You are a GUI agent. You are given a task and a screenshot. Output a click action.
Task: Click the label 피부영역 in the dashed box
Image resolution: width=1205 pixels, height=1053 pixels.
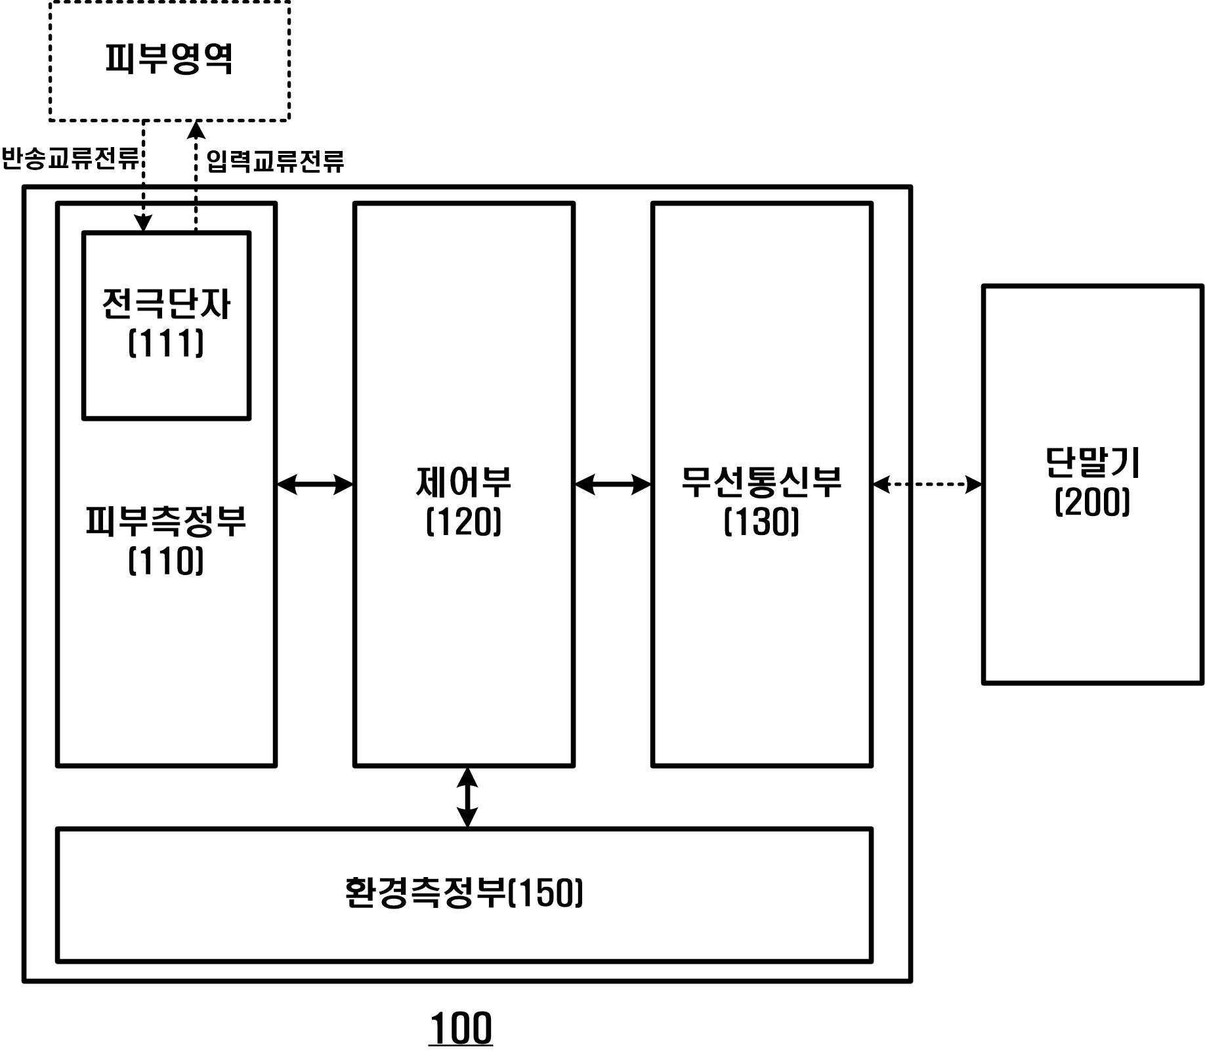169,59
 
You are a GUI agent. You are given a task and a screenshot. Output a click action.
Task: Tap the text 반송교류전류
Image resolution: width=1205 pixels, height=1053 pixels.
70,159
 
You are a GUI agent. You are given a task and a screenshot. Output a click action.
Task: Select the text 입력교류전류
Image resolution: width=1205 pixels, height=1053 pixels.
275,161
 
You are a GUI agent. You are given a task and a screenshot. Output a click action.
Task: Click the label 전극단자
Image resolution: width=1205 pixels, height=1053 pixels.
166,304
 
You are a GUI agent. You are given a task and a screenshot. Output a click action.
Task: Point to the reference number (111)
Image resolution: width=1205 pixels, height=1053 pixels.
166,343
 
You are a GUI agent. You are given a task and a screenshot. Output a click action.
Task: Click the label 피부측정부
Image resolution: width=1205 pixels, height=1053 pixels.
166,521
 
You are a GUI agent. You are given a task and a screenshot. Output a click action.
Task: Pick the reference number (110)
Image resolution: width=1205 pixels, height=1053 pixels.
166,561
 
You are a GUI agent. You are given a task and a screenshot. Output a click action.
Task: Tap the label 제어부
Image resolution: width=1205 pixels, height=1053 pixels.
464,481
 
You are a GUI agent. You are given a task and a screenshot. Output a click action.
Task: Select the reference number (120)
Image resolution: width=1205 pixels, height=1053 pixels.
464,523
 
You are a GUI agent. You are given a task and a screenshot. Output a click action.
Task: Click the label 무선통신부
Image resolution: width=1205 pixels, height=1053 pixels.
761,481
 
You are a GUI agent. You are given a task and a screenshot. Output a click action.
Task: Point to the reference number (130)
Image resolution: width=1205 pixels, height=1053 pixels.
761,523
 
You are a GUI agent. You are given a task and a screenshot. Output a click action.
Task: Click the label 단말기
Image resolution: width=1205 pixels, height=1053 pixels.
1092,462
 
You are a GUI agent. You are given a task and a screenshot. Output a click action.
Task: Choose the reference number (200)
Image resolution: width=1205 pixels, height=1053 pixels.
1092,503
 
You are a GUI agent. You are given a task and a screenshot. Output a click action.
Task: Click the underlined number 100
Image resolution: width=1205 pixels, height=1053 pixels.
461,1028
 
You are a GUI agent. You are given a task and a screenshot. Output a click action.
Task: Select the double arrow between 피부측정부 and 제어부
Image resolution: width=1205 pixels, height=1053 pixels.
315,484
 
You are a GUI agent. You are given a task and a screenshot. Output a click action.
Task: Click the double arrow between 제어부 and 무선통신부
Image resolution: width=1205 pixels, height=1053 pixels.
613,484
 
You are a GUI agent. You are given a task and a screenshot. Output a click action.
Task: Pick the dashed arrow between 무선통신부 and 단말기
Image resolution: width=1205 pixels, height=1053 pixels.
927,484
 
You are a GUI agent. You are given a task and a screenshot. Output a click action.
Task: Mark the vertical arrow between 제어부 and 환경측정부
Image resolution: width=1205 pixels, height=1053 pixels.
467,797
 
